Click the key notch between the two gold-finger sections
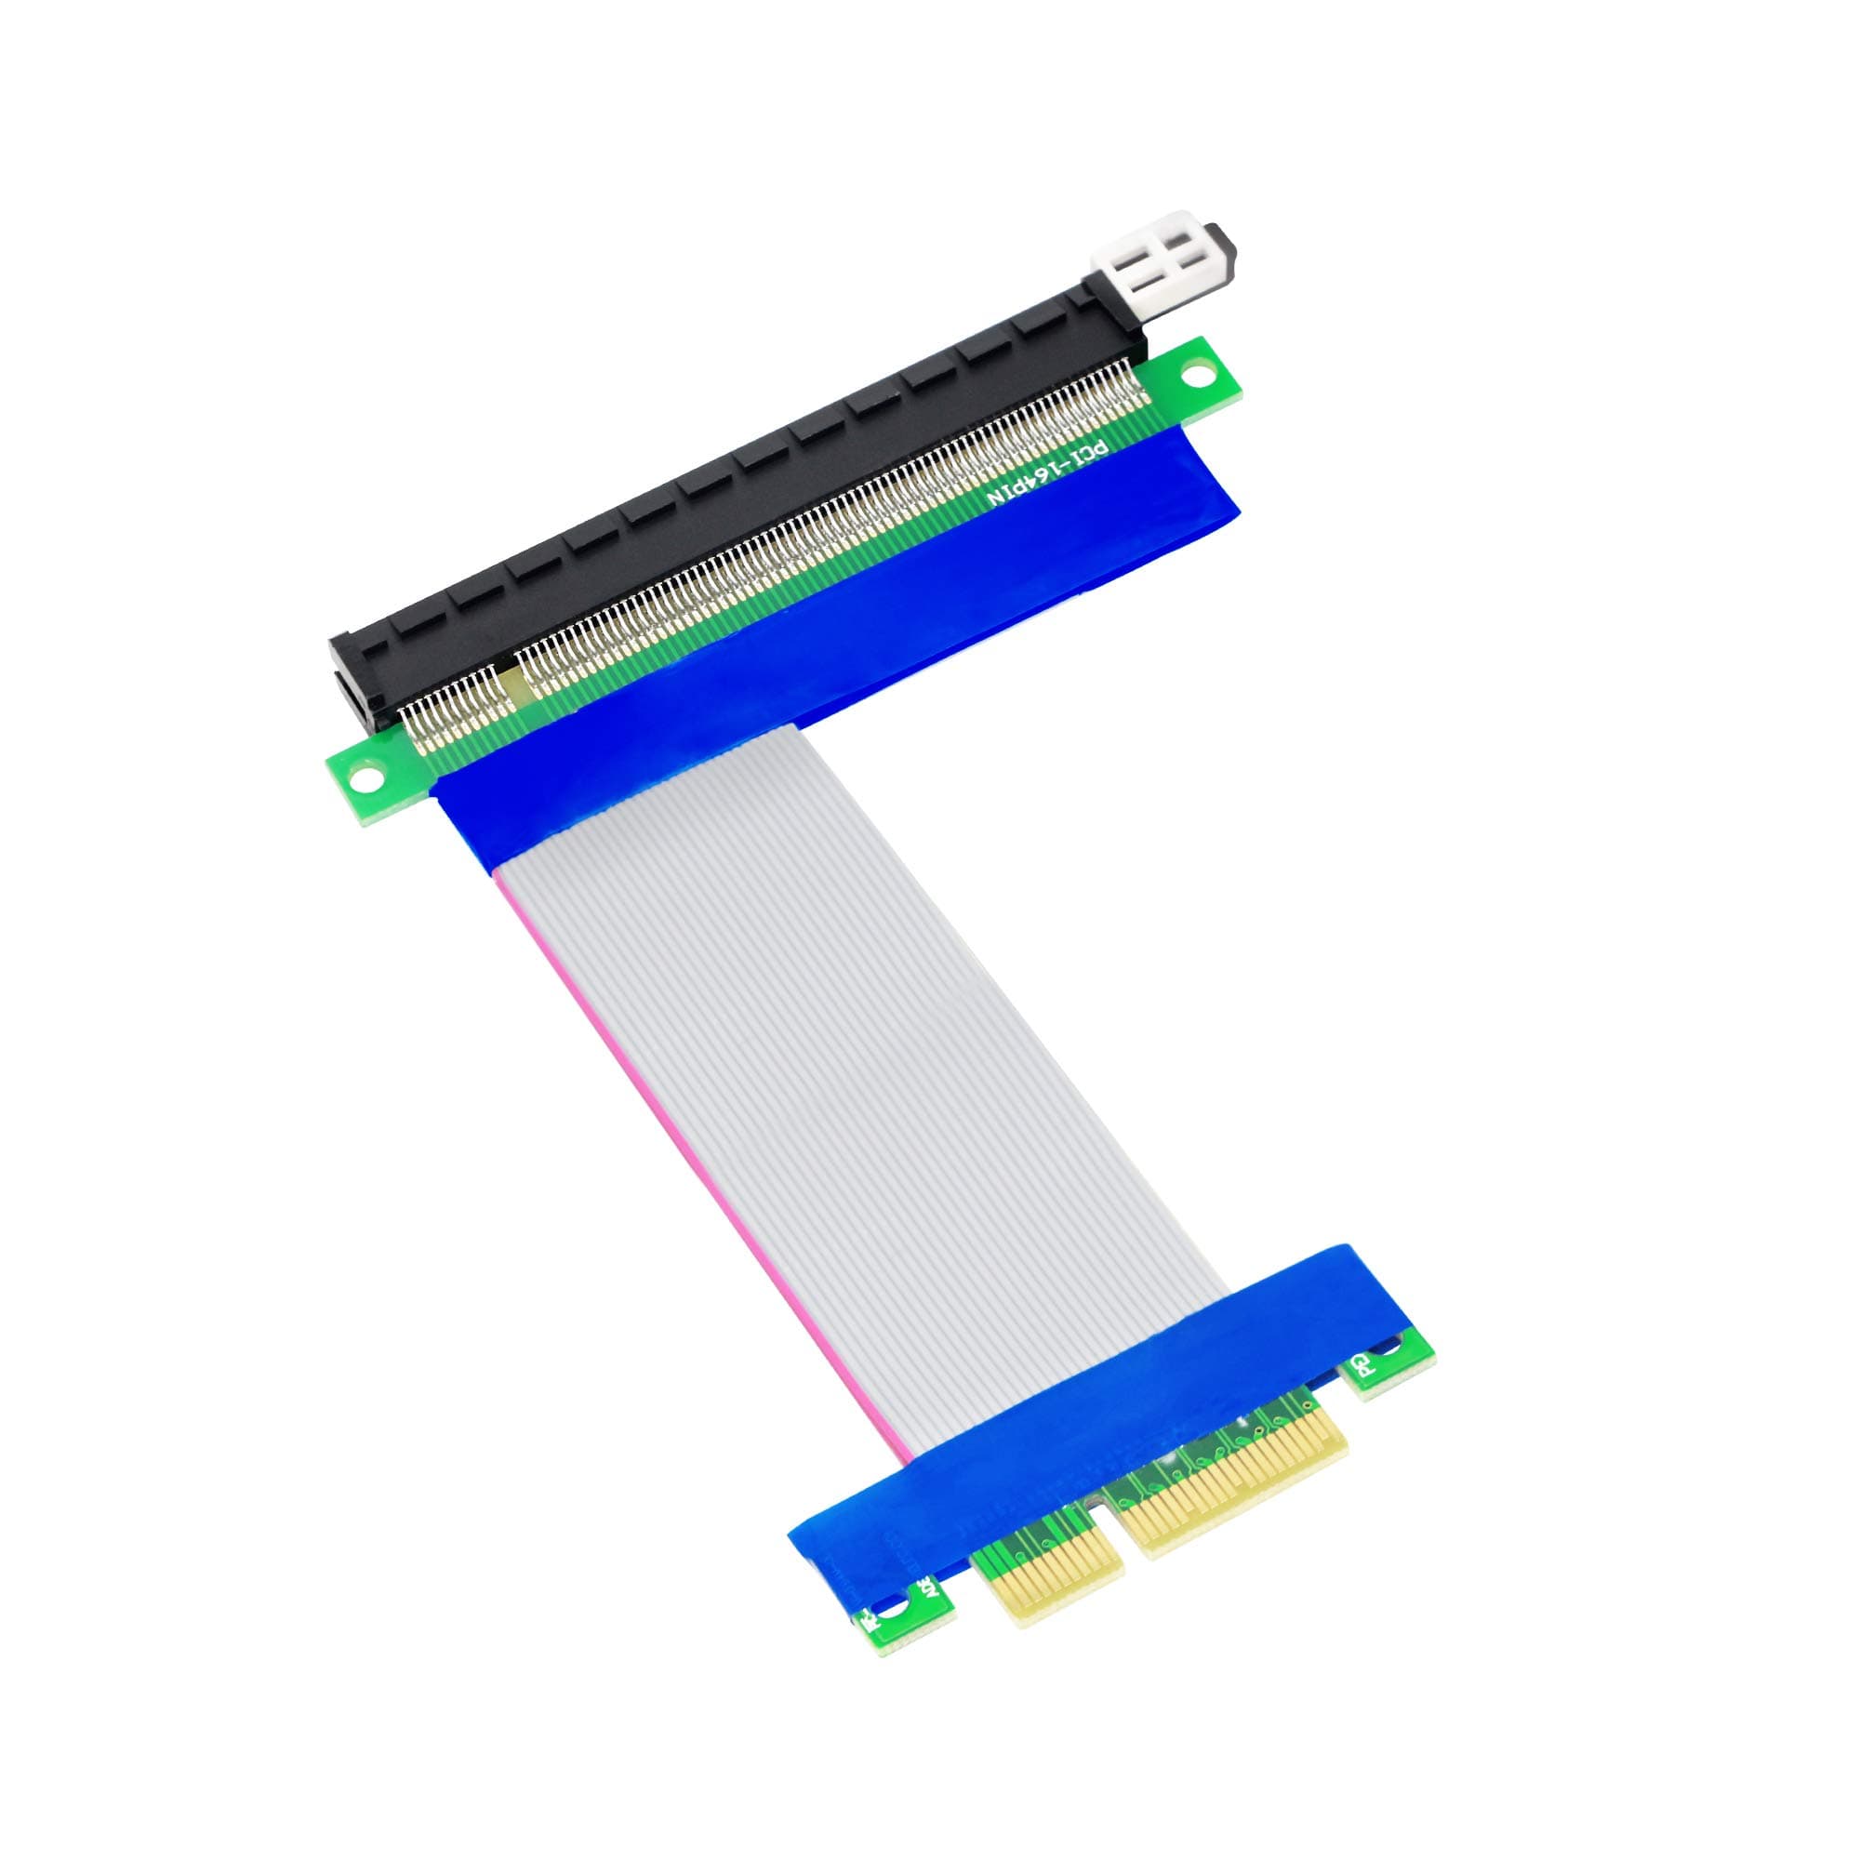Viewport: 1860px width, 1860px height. click(x=1124, y=1560)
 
